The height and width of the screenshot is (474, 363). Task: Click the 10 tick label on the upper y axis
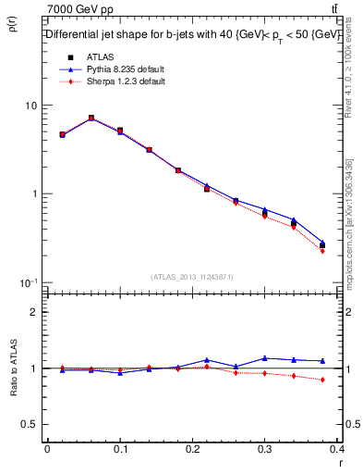tap(30, 106)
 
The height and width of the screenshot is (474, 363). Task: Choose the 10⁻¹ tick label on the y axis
tap(29, 281)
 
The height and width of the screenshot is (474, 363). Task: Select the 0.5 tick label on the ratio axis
tap(29, 424)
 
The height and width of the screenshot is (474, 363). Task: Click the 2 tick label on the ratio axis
tap(33, 312)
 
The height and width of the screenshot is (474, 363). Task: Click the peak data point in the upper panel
tap(91, 118)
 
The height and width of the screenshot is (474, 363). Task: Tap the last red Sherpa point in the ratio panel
tap(322, 380)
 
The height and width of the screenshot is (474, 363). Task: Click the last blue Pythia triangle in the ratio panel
tap(322, 361)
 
